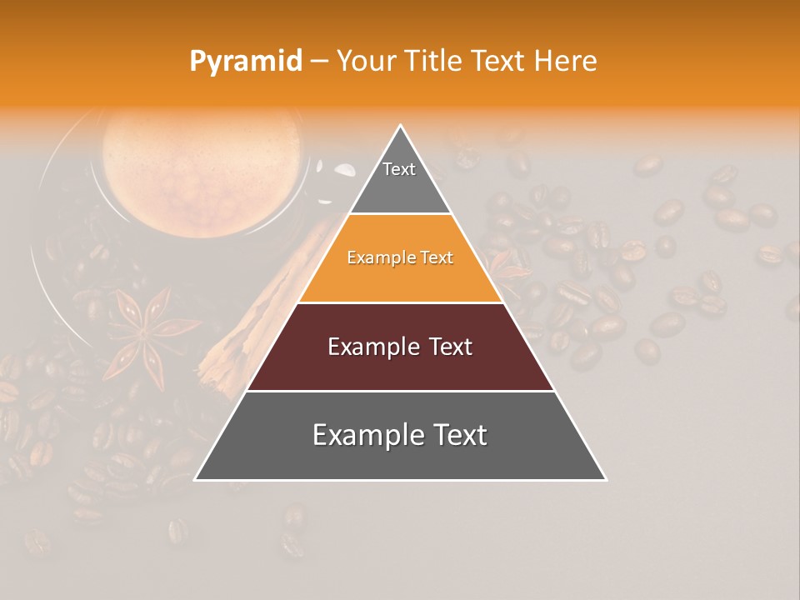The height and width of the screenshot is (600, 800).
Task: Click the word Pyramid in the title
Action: (245, 62)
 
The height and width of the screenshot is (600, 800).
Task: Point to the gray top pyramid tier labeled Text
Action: (399, 179)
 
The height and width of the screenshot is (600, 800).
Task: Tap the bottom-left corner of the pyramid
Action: (196, 479)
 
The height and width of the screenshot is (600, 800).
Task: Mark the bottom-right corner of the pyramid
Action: (605, 479)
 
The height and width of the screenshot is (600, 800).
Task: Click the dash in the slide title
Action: (319, 62)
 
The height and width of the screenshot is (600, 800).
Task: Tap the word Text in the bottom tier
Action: (458, 435)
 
